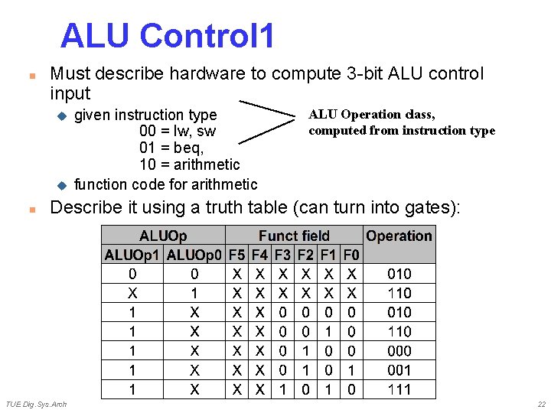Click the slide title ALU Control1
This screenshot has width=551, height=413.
point(167,36)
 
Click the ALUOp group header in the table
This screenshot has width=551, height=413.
point(163,236)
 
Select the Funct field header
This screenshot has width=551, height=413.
point(294,236)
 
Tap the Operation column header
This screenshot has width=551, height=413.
point(399,236)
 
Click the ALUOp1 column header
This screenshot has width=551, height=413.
point(133,255)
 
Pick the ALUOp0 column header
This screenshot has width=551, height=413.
point(194,255)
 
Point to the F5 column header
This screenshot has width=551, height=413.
point(237,255)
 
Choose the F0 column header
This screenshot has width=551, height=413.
point(351,255)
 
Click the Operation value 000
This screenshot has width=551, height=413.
point(399,351)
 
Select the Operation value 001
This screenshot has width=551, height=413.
point(399,370)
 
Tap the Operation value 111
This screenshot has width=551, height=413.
point(399,389)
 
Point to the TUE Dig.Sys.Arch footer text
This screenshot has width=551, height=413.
point(36,404)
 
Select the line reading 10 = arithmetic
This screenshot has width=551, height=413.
point(190,164)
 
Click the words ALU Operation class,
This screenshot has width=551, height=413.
point(372,115)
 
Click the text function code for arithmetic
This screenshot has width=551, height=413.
point(165,184)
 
